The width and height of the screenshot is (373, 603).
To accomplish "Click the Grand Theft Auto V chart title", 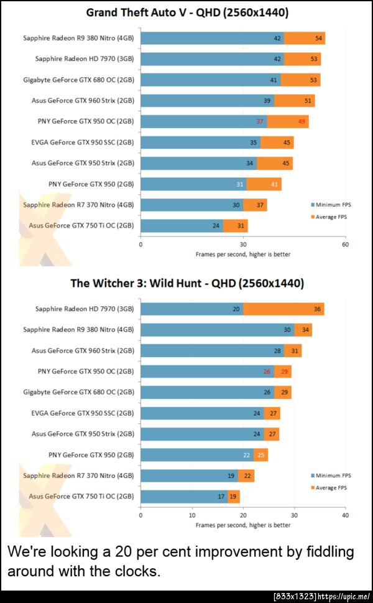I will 186,12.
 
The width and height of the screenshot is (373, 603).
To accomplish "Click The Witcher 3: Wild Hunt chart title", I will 186,283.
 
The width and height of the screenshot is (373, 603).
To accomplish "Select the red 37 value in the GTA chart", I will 260,121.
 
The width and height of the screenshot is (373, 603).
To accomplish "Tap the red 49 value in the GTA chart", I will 302,121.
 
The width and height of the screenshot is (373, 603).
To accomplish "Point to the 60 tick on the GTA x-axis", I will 345,245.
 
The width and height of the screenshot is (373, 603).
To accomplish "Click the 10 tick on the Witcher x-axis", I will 192,515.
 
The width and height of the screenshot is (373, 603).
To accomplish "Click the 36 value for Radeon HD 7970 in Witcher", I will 318,309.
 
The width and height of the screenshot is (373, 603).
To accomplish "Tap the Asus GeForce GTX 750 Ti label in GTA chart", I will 81,225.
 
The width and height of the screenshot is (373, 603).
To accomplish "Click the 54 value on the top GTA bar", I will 319,38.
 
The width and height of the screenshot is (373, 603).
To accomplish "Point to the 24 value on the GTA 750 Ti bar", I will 216,225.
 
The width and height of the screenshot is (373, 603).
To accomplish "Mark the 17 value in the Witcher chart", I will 221,497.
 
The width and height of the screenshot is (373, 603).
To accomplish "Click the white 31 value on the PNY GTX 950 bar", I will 239,184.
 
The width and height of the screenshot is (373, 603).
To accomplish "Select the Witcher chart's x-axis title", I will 242,525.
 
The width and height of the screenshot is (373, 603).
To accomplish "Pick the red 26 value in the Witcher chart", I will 267,372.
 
